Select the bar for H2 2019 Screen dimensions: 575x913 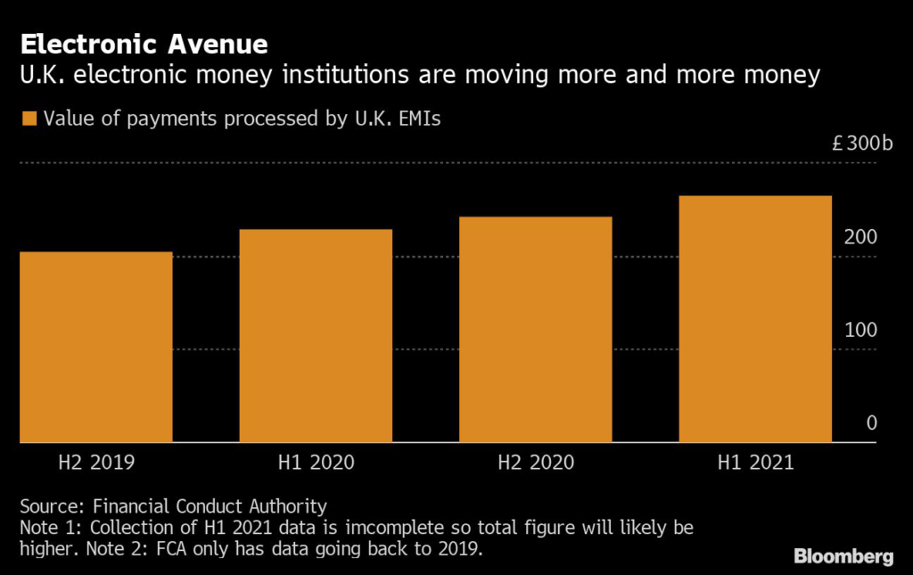coord(95,347)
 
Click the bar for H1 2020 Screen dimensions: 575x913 coord(316,335)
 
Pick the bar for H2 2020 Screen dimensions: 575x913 coord(536,329)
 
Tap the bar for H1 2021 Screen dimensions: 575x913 coord(755,318)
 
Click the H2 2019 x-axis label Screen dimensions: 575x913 coord(95,463)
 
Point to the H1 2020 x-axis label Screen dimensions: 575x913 coord(316,463)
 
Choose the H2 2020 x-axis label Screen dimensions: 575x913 coord(536,463)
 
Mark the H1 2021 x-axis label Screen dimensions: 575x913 coord(755,463)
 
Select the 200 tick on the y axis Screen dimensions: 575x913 coord(861,237)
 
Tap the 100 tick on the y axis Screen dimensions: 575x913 coord(861,330)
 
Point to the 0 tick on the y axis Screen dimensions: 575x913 coord(872,423)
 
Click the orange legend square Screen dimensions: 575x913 coord(29,119)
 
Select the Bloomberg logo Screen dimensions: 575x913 coord(843,556)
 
